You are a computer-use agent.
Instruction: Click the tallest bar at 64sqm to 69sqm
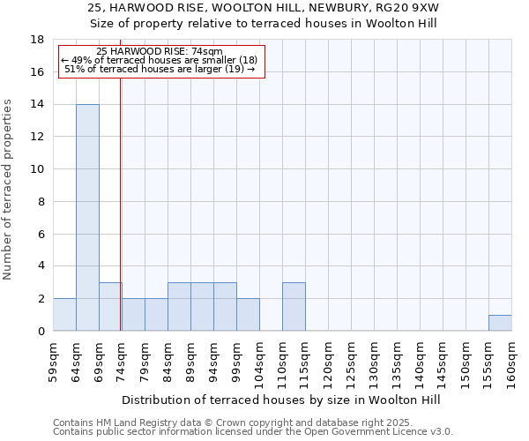[87, 217]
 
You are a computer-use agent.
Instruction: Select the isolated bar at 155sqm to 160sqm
[500, 323]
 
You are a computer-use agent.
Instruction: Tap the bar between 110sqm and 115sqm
[294, 306]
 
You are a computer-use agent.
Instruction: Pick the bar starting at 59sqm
[64, 315]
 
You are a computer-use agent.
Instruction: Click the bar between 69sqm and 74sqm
[109, 306]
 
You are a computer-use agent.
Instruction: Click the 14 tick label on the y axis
[38, 104]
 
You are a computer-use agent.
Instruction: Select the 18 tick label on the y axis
[38, 40]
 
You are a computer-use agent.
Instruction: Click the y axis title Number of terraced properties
[9, 190]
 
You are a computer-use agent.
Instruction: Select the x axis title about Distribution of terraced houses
[280, 400]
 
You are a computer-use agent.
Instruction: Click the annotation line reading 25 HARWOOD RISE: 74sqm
[160, 52]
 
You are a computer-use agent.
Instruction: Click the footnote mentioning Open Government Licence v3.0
[253, 432]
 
